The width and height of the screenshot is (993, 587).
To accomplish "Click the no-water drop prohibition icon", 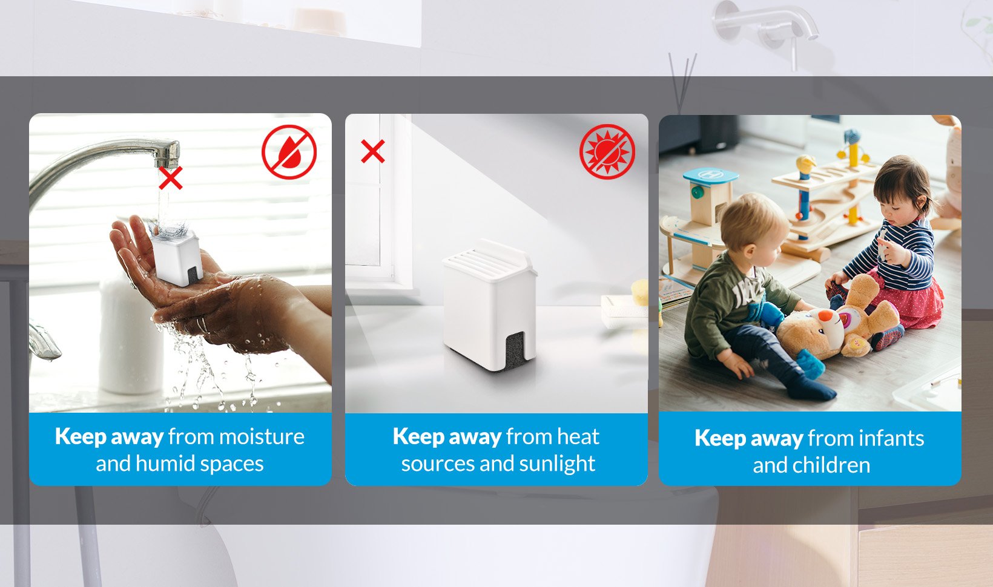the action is [x=289, y=152].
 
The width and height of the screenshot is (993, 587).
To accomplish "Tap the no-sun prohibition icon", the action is [x=607, y=152].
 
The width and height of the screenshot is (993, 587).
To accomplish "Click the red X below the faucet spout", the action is [x=171, y=178].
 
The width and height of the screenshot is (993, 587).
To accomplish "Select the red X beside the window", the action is [x=373, y=151].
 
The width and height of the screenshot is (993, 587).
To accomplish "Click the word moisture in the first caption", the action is [x=262, y=437].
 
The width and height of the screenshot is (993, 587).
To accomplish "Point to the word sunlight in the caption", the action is [x=557, y=464].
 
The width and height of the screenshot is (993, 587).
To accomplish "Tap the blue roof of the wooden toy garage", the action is [x=711, y=176].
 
